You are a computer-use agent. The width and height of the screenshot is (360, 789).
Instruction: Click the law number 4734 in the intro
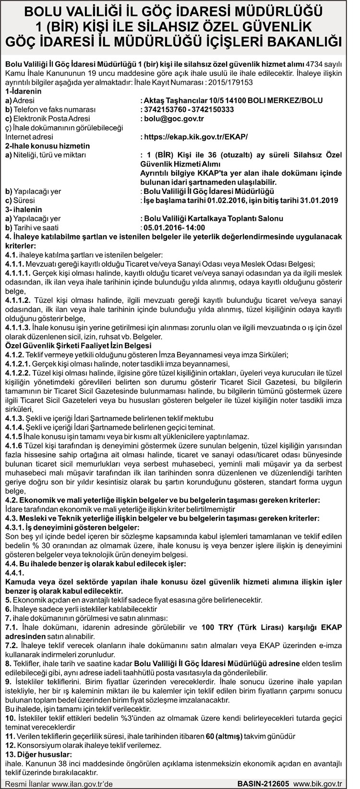pyautogui.click(x=315, y=65)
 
